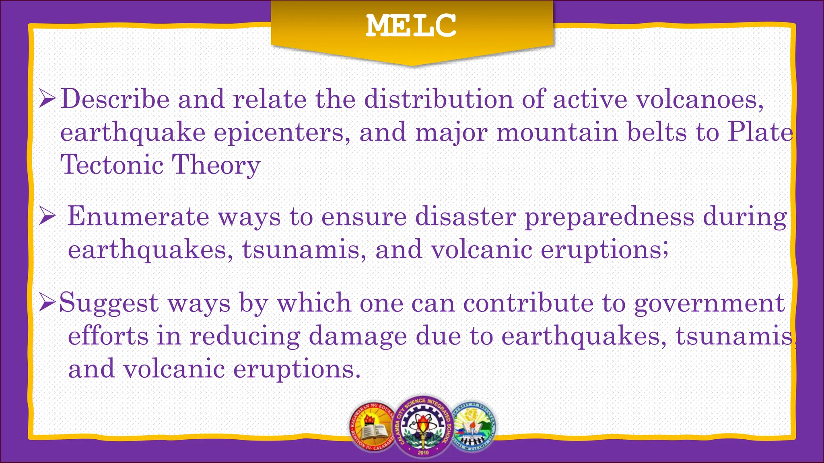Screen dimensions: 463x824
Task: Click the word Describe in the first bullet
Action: click(x=115, y=99)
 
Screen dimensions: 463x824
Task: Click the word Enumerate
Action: click(x=138, y=217)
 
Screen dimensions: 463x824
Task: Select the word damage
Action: click(x=357, y=336)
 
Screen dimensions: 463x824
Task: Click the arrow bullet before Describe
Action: click(x=47, y=99)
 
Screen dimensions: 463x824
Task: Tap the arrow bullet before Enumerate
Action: click(x=47, y=217)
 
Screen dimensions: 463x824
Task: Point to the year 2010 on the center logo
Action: click(x=423, y=453)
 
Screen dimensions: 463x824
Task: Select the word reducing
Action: click(x=245, y=336)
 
